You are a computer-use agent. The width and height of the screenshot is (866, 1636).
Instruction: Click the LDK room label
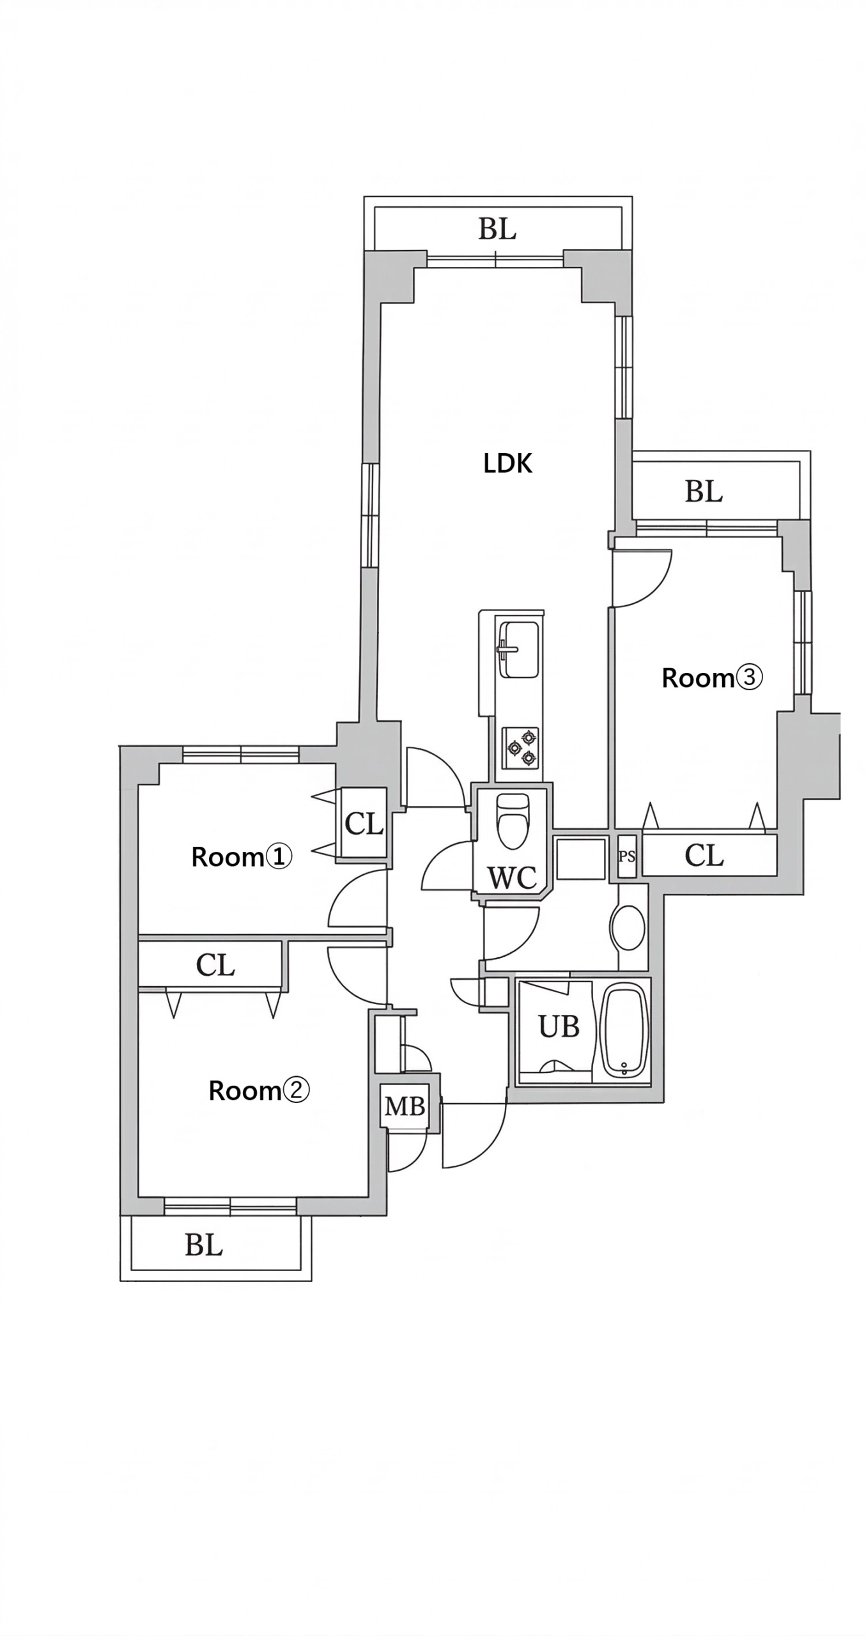tap(507, 463)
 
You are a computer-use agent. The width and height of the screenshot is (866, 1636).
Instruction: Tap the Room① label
tap(242, 857)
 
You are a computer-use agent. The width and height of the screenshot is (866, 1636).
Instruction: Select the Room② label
tap(259, 1090)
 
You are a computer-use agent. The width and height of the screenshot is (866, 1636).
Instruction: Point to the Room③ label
tap(712, 677)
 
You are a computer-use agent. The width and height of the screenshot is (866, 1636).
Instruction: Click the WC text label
tap(512, 878)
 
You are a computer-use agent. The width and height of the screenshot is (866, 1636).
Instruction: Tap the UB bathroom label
tap(559, 1027)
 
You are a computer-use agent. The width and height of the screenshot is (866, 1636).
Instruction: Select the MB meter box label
tap(405, 1106)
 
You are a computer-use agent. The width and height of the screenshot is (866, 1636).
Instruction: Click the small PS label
tap(627, 856)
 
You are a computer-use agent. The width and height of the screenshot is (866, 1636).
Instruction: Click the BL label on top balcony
tap(497, 229)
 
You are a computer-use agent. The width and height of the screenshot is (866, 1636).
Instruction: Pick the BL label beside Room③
tap(704, 492)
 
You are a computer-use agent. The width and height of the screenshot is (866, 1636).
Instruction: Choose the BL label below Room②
tap(204, 1246)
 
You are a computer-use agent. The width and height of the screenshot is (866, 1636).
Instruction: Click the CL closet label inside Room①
tap(364, 824)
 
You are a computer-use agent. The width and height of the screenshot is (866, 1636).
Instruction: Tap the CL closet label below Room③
tap(704, 855)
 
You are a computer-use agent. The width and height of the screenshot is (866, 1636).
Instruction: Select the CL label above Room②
tap(215, 965)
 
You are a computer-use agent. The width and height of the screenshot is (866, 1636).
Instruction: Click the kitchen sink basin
tap(519, 649)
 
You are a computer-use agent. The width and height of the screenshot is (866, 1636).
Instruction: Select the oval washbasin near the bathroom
tap(628, 927)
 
